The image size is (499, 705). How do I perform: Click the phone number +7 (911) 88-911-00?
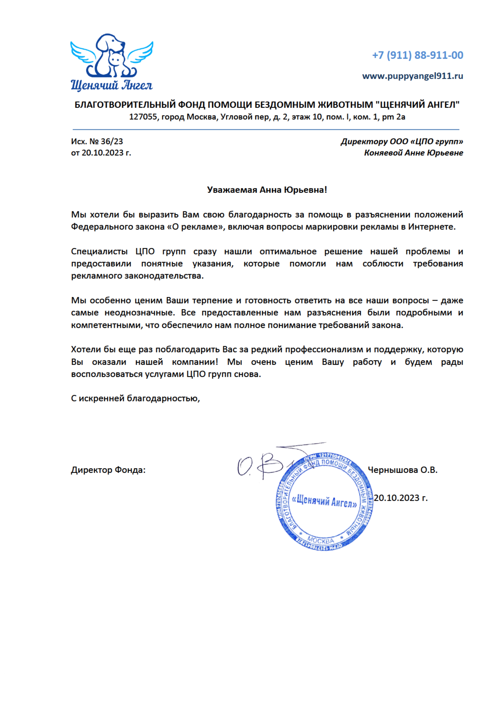(417, 55)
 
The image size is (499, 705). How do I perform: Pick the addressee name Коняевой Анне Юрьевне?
(413, 153)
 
